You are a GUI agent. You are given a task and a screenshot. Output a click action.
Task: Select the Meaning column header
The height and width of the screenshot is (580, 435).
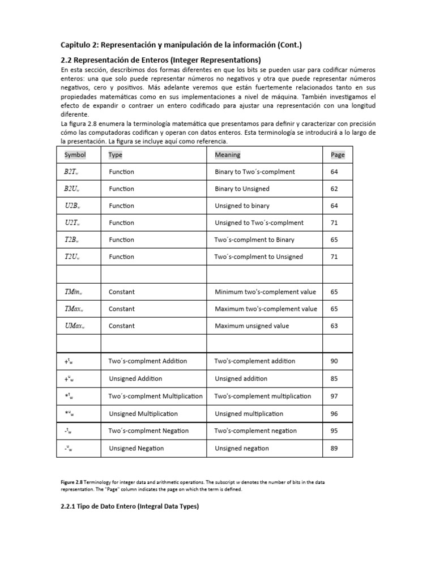228,155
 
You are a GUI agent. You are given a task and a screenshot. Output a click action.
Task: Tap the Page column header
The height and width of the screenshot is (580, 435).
338,155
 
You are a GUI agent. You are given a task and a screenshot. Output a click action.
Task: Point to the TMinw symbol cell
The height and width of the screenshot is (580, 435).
74,292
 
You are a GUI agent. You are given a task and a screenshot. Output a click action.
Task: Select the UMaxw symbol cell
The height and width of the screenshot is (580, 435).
74,326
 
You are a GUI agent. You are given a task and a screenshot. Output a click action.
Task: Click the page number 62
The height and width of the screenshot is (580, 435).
334,189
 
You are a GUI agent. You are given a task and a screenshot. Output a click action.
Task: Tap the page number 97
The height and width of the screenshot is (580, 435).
334,396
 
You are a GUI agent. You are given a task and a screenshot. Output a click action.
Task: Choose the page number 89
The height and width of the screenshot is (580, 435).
334,448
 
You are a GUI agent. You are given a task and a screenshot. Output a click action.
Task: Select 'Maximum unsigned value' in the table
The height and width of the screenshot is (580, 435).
252,326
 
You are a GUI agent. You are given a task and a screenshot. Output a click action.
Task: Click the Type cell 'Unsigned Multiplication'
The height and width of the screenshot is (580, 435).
143,413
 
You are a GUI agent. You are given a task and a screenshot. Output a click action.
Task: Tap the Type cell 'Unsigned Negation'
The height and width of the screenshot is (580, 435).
137,448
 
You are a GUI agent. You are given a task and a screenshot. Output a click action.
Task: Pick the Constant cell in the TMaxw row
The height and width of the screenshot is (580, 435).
122,309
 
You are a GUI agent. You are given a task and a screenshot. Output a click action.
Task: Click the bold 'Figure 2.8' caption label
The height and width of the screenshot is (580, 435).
73,482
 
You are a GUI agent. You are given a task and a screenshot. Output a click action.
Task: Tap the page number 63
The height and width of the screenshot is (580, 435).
334,326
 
